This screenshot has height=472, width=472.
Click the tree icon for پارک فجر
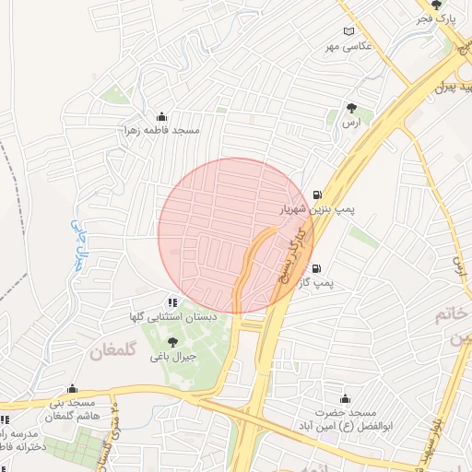point(449,5)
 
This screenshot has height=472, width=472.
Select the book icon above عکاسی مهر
point(348,32)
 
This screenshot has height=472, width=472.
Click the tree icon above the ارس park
point(350,108)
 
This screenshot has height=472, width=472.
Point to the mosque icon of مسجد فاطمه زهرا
point(162,117)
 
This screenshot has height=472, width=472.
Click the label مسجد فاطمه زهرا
point(162,131)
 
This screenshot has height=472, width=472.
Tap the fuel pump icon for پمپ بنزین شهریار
point(318,195)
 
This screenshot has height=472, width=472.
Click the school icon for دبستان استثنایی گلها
point(171,301)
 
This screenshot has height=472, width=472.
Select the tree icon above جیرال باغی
point(171,342)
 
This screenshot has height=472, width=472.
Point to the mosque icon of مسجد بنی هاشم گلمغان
point(72,389)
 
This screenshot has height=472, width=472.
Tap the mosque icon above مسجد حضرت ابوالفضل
point(345,398)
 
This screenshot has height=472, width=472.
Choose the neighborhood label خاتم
point(458,315)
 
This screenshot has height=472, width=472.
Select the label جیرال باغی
point(171,357)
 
